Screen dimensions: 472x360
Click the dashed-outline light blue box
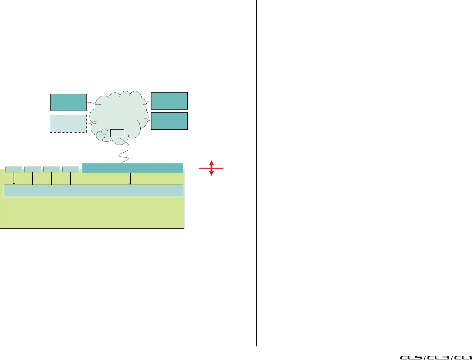(68, 124)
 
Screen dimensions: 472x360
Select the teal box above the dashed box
(68, 102)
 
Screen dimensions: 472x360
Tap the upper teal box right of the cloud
(169, 101)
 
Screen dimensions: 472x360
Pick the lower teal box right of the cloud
(169, 121)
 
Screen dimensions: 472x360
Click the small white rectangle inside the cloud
(117, 133)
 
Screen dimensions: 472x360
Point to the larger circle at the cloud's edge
(101, 136)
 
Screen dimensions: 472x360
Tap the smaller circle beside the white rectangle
(105, 132)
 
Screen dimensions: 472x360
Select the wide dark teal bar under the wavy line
(132, 168)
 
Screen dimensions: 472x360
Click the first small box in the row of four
(14, 169)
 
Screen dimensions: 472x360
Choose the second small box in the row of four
(33, 169)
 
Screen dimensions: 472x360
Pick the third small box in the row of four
(52, 169)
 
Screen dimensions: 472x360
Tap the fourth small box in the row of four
(71, 169)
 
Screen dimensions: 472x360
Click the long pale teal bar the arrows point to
(93, 191)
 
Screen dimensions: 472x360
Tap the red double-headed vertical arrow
(211, 168)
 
